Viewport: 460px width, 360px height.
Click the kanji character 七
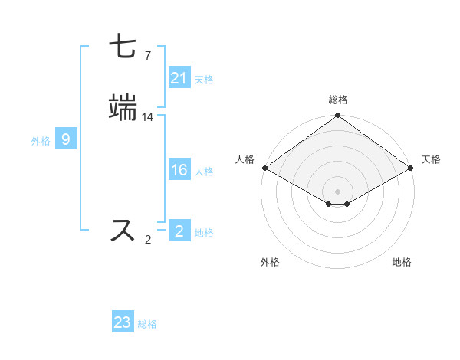(123, 46)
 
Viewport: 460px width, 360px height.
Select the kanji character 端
(123, 107)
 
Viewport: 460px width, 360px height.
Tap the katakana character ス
(123, 231)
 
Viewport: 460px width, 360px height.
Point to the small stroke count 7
(147, 55)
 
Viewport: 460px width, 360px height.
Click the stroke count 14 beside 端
(148, 116)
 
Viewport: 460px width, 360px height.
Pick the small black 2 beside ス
(147, 240)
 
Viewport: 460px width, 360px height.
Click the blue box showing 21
(179, 78)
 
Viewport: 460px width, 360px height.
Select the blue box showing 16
(179, 171)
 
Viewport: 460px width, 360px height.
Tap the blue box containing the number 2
(179, 231)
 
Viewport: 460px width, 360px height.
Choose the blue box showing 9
(66, 139)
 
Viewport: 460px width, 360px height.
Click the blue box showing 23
(123, 322)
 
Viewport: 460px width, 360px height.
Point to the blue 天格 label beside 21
(204, 79)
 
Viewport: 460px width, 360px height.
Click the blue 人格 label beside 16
(204, 172)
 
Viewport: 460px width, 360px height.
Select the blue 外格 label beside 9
(41, 140)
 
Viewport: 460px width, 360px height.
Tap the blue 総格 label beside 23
(148, 323)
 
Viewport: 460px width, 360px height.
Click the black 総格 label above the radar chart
(337, 100)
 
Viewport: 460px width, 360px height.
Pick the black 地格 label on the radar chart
(402, 262)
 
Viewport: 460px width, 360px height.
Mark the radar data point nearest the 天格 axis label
(412, 168)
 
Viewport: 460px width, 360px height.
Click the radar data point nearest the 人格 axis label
(264, 168)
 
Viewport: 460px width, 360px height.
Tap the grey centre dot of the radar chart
(337, 191)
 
